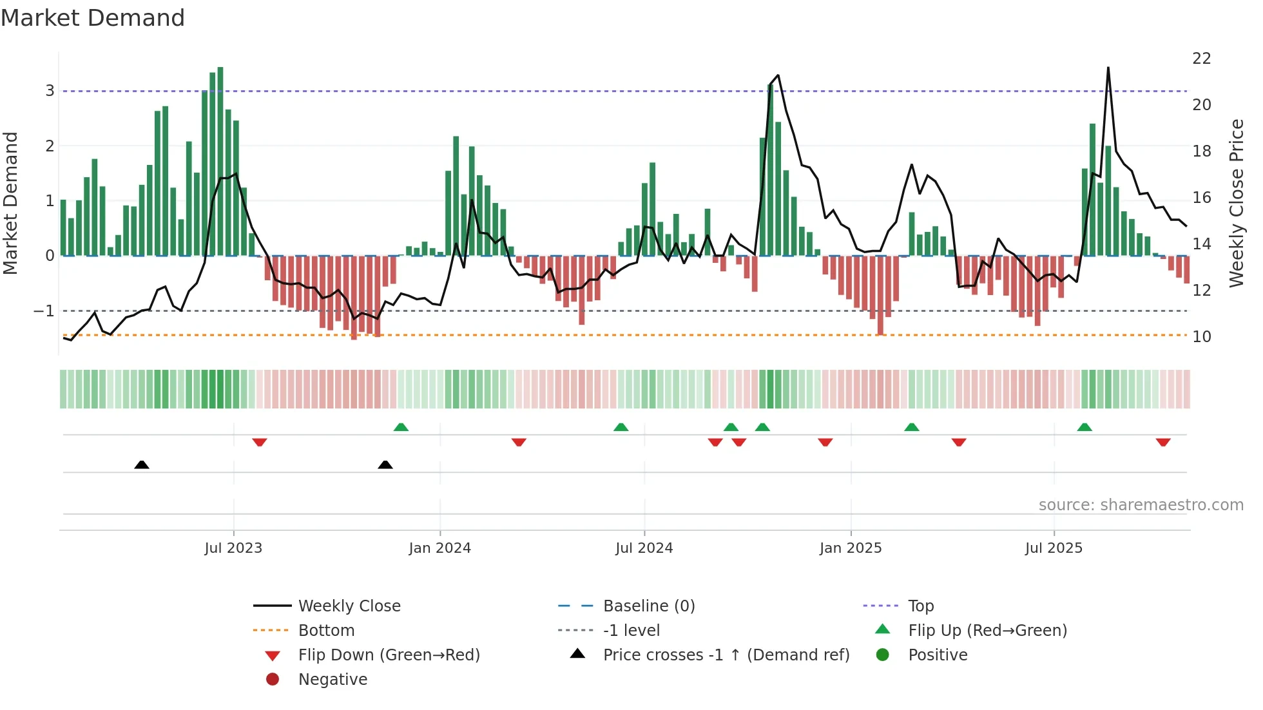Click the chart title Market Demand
93,18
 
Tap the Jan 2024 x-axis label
439,548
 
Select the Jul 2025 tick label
1054,548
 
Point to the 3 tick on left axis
50,91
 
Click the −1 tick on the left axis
44,311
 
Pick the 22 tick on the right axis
1201,59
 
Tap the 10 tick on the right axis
1201,336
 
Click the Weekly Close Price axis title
1236,203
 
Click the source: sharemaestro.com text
1141,505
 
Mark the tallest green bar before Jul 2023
220,161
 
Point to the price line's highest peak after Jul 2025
1108,68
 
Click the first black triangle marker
142,465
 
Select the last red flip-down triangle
1163,442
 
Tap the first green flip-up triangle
401,427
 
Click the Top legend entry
921,606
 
